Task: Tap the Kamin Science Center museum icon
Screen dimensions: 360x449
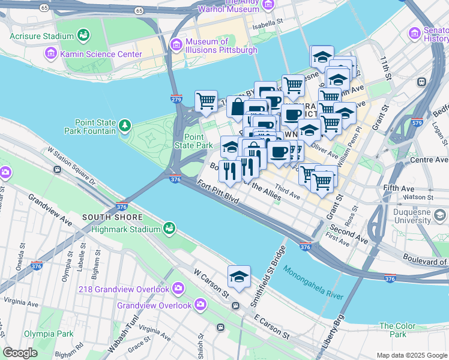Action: (x=51, y=54)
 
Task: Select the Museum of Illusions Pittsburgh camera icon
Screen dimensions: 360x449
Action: (x=176, y=44)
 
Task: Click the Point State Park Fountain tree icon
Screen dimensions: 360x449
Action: (x=124, y=125)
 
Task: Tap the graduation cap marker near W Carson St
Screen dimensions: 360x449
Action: (x=239, y=277)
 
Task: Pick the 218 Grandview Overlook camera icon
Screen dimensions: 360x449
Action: (x=178, y=289)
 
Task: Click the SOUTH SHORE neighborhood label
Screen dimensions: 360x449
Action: (x=112, y=217)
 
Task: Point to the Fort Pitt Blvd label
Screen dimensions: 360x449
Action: (x=219, y=194)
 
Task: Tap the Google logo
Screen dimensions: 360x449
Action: (x=20, y=353)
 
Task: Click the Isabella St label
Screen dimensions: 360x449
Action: (x=267, y=22)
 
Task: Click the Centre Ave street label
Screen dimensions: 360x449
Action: (x=429, y=160)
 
